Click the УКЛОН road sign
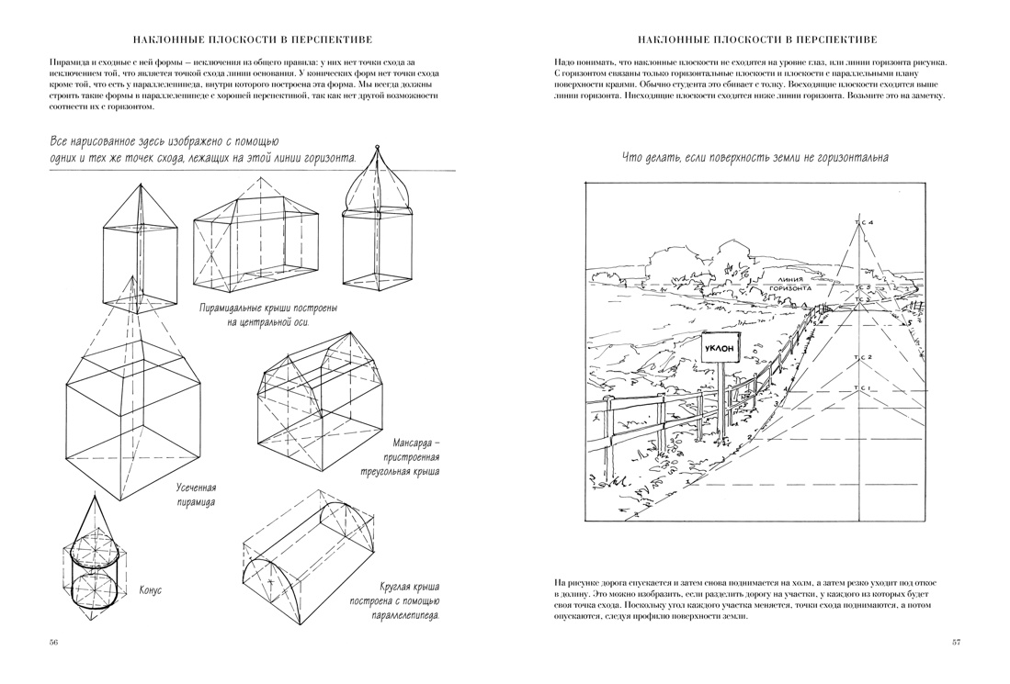pyautogui.click(x=722, y=351)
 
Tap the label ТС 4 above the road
pyautogui.click(x=863, y=224)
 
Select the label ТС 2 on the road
pyautogui.click(x=863, y=356)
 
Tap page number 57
pyautogui.click(x=956, y=642)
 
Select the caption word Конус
pyautogui.click(x=150, y=590)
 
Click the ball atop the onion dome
pyautogui.click(x=377, y=148)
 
